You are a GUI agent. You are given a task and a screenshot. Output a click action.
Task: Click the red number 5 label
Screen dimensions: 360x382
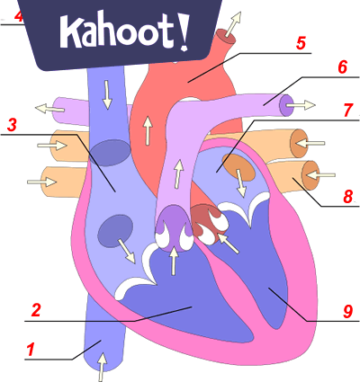point(301,43)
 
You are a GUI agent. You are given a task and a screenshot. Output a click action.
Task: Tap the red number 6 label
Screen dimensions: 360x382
point(342,67)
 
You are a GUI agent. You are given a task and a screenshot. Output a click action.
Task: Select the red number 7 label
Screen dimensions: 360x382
point(348,110)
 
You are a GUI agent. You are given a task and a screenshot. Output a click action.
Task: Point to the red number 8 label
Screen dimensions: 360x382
point(348,197)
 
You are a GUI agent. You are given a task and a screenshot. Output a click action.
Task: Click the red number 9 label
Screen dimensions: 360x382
point(347,312)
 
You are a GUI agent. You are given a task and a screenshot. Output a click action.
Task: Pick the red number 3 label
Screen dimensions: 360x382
point(12,125)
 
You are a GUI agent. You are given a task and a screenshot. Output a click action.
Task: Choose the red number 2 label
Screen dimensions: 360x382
point(36,310)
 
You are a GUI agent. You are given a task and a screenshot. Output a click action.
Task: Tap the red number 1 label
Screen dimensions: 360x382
point(31,350)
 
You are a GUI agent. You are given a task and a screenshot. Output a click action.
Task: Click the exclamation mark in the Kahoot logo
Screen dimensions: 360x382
point(184,32)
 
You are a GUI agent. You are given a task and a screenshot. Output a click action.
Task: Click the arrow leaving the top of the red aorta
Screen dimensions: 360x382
point(233,24)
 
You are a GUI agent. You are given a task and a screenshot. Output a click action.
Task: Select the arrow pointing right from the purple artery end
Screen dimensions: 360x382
point(301,105)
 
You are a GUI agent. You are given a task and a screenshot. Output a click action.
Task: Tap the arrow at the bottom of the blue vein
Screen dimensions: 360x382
point(102,367)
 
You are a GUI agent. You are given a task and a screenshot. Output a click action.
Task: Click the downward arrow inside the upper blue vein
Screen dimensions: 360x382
point(107,94)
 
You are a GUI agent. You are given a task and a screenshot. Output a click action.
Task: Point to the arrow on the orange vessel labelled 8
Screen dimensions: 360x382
point(320,174)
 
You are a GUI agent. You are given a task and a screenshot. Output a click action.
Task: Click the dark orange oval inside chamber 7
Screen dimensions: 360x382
point(238,168)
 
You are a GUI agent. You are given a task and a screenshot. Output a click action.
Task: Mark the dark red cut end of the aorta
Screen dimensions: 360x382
point(227,36)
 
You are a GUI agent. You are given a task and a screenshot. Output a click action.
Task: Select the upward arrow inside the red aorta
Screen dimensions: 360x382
point(148,130)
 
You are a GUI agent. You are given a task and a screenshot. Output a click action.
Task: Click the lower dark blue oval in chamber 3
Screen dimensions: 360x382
point(116,231)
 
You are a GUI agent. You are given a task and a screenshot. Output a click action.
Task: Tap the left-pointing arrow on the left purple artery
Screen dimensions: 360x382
point(49,108)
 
